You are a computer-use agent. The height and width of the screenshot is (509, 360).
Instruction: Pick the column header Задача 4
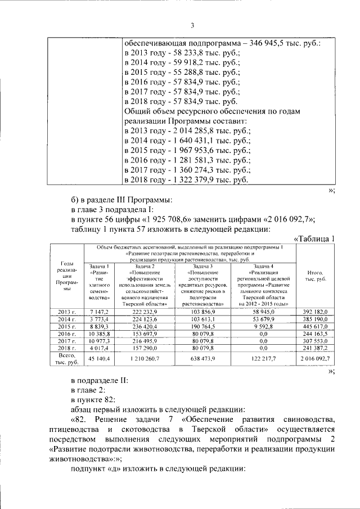[263, 266]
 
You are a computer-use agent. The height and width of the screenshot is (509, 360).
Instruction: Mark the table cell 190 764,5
[204, 326]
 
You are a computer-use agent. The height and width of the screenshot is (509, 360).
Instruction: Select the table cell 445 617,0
[315, 326]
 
